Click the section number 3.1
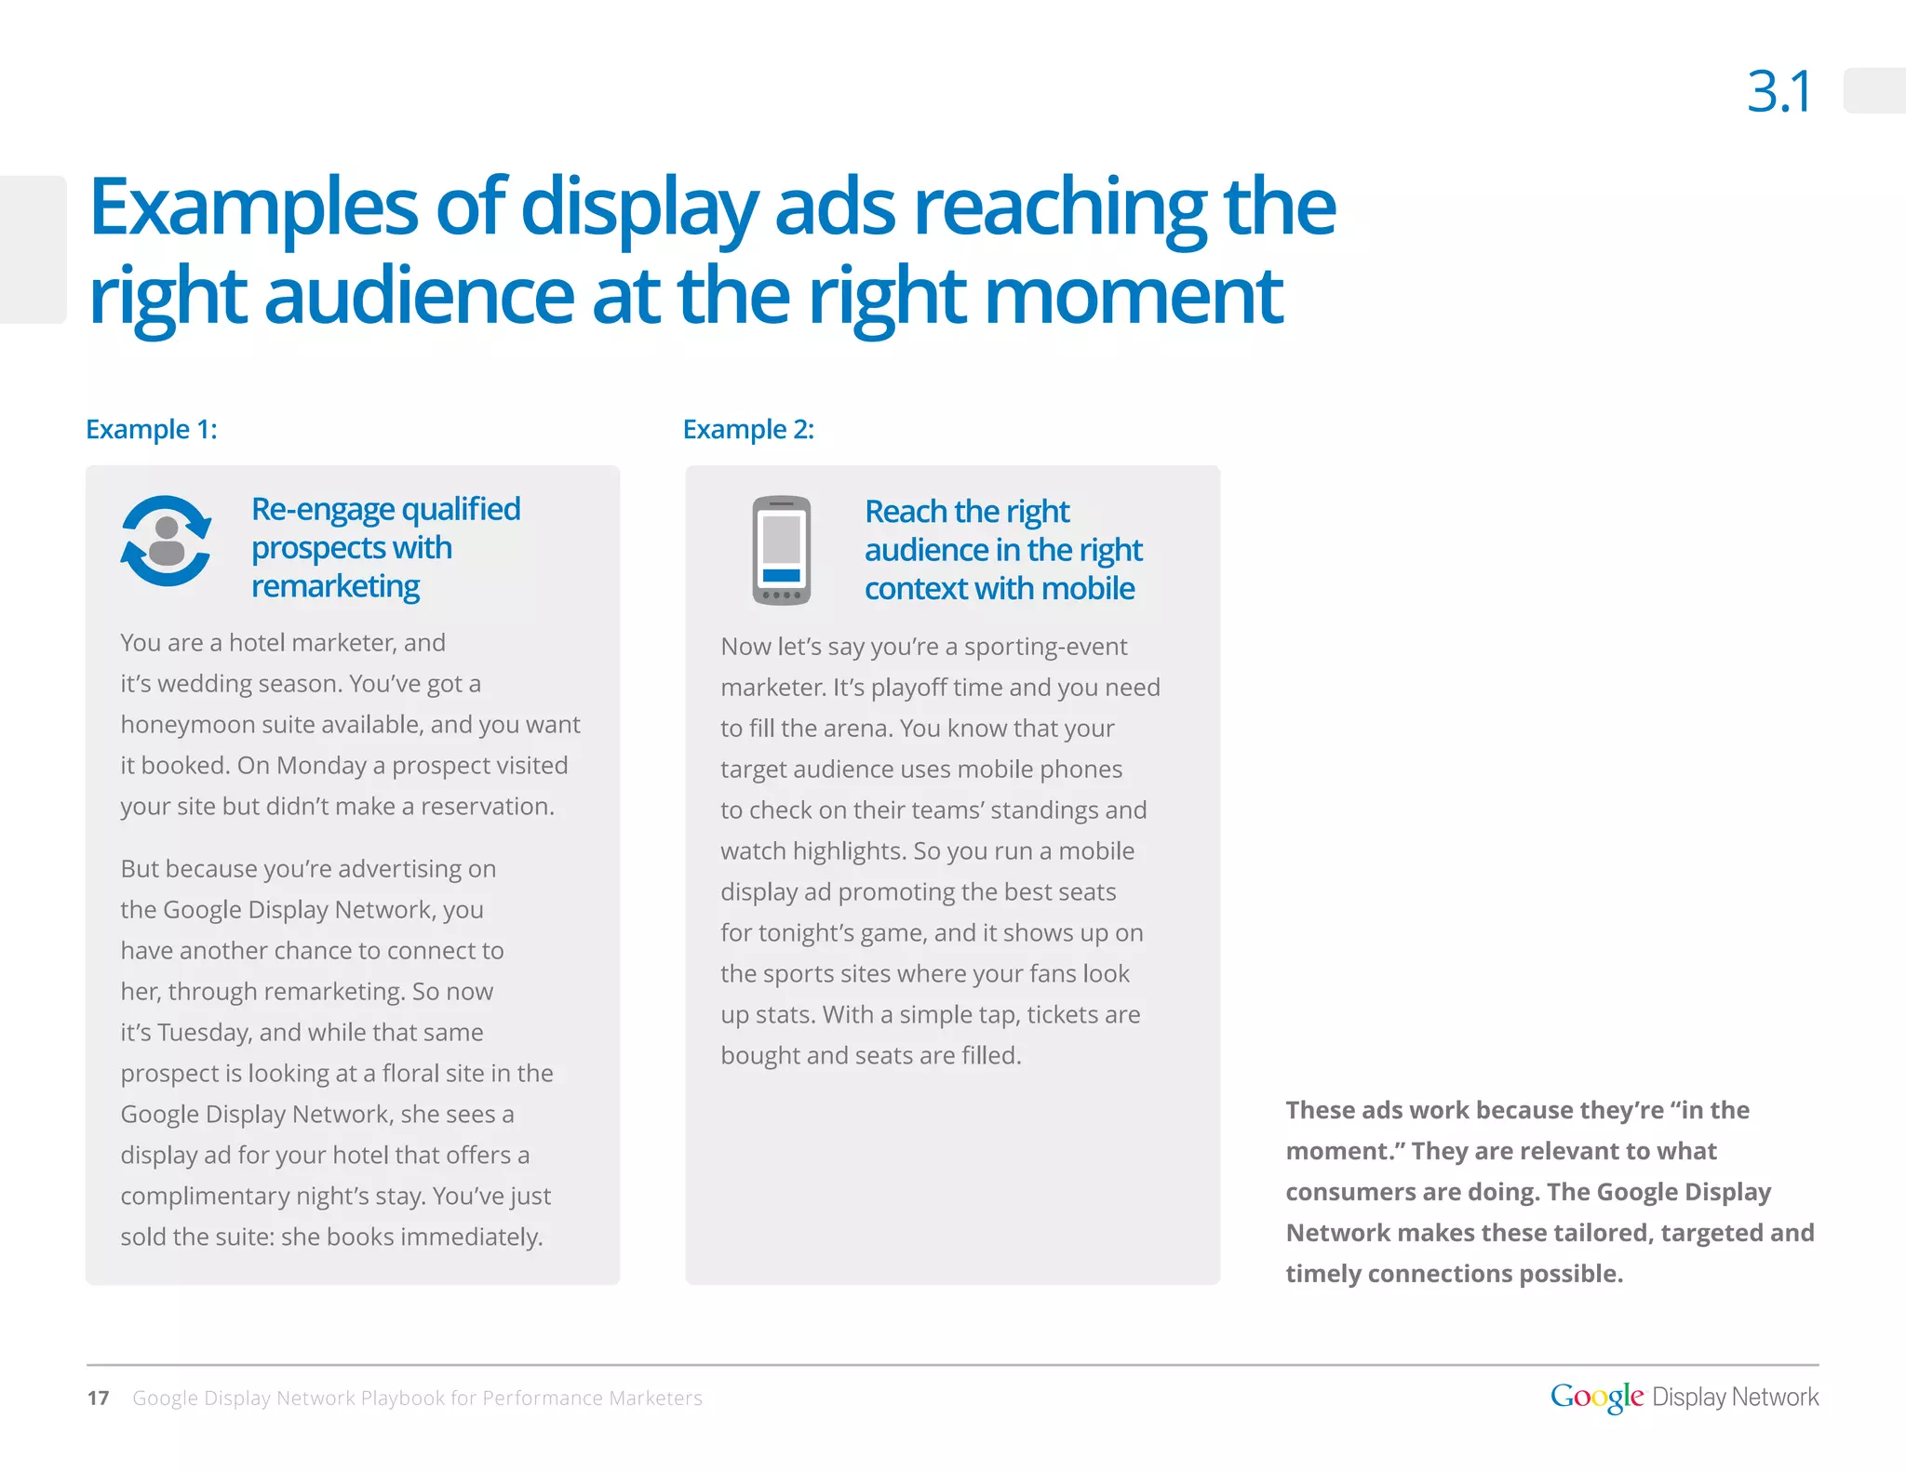[x=1778, y=92]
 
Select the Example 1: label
[x=152, y=429]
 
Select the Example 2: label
[x=748, y=429]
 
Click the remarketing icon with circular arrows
[x=167, y=542]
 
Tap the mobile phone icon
[x=781, y=550]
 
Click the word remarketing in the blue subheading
[x=335, y=586]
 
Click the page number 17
[x=98, y=1398]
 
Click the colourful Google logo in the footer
[x=1596, y=1397]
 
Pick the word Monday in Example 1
[x=321, y=765]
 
